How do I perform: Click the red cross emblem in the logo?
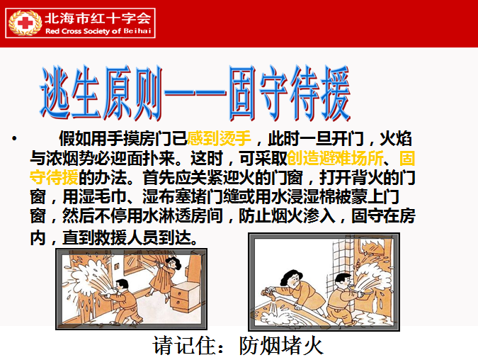[25, 23]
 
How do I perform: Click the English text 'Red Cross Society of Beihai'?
[98, 30]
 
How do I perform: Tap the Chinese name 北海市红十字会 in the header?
[98, 18]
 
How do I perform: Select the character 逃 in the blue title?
[55, 92]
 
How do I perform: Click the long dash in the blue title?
[195, 91]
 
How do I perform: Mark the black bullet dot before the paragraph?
[14, 139]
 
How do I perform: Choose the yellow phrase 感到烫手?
[220, 138]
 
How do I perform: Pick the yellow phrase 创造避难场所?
[335, 158]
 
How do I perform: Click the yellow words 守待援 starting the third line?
[54, 177]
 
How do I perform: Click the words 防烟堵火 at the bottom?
[280, 346]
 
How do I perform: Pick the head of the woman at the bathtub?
[292, 279]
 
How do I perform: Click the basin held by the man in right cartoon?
[363, 292]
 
